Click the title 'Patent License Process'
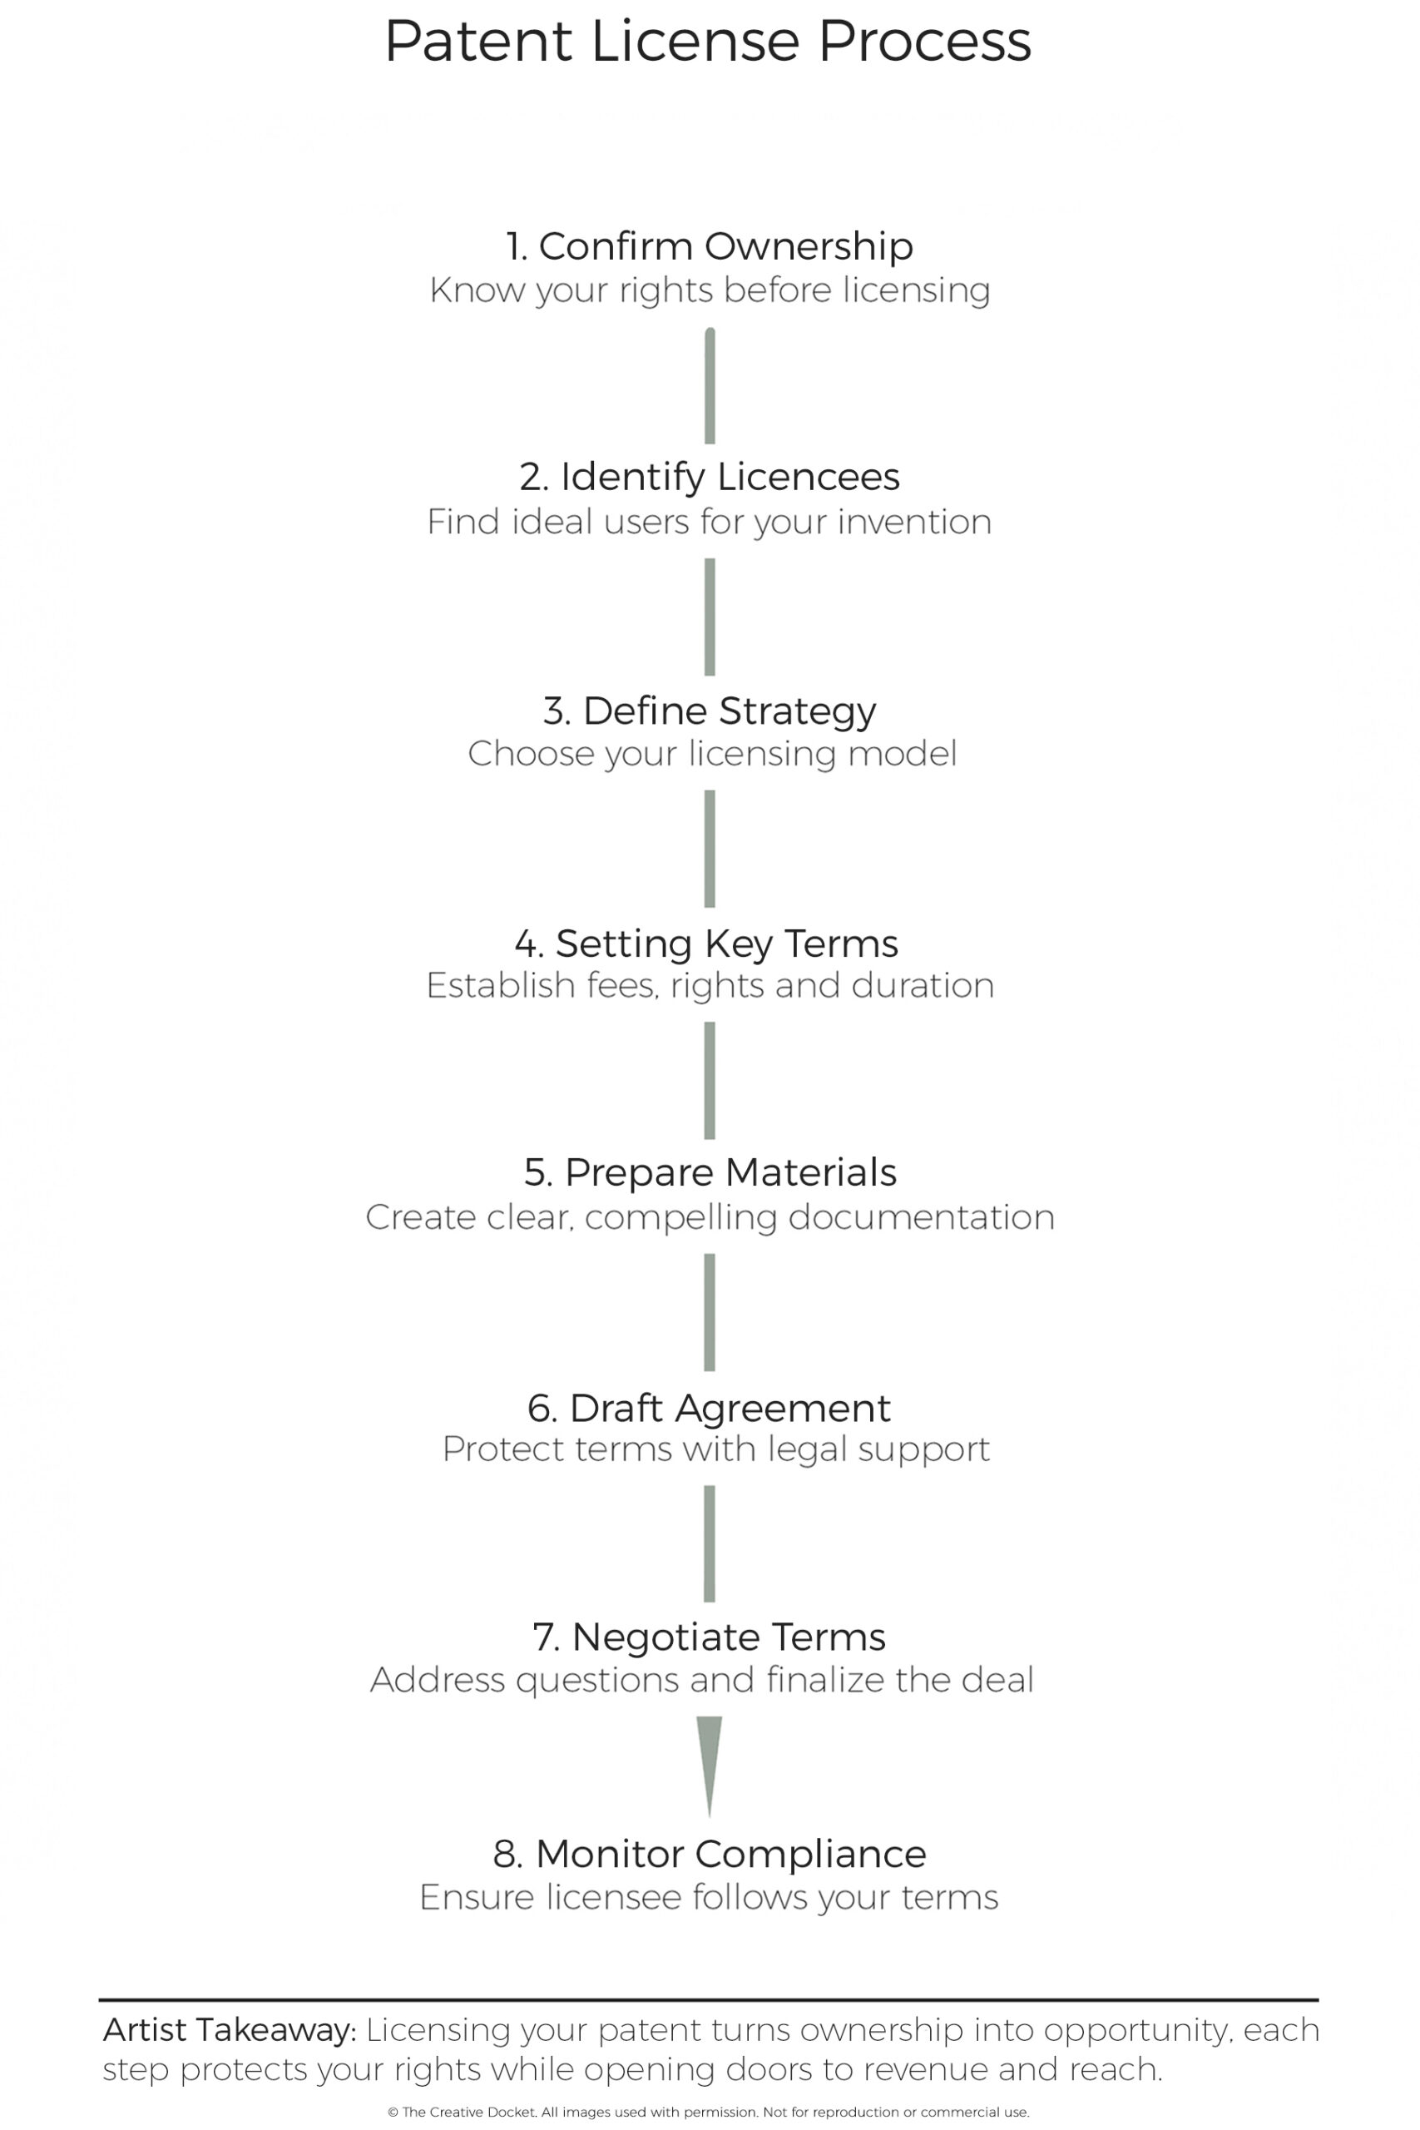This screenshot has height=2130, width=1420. [x=708, y=41]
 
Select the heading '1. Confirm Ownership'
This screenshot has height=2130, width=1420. [x=709, y=246]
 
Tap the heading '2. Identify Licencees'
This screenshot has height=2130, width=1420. [x=709, y=478]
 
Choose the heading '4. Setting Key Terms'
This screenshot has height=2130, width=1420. [x=706, y=944]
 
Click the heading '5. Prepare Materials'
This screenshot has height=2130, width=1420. [x=710, y=1173]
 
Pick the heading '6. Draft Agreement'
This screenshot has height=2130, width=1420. [x=709, y=1409]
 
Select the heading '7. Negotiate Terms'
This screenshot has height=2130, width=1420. [x=709, y=1637]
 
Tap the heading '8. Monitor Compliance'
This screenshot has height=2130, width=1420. [x=709, y=1855]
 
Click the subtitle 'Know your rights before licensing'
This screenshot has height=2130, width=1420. [x=709, y=290]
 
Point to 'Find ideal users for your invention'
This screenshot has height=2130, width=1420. [x=709, y=523]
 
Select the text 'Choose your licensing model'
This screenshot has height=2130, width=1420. [x=712, y=755]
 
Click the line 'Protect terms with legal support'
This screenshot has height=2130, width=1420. [x=715, y=1450]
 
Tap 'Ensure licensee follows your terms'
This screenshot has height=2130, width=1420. [x=709, y=1898]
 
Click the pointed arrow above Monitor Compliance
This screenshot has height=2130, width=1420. [x=709, y=1766]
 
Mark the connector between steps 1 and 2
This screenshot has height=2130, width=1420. [x=710, y=386]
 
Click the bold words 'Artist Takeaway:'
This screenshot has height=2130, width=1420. [x=230, y=2031]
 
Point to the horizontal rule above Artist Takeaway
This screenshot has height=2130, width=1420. [x=708, y=1999]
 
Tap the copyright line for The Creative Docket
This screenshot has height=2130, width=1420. [x=708, y=2112]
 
